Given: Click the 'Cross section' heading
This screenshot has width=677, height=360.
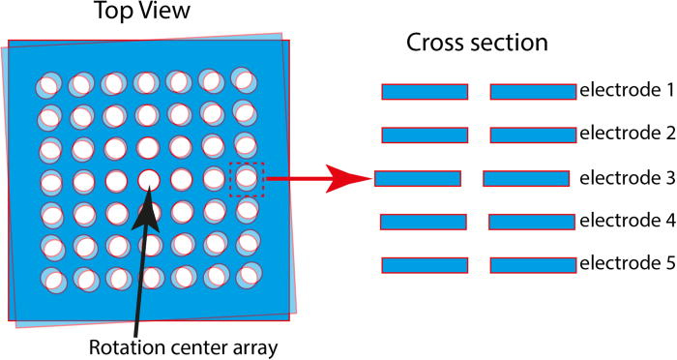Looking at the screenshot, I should point(477,44).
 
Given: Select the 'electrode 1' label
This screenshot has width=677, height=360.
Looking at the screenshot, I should point(626,91).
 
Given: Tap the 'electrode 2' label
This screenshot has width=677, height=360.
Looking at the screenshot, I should point(626,135).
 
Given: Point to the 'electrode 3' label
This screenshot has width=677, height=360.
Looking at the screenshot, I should point(626,178).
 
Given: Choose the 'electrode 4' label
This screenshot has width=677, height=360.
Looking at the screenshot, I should point(626,221).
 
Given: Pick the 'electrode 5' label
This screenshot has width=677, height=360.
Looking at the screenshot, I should point(626,263).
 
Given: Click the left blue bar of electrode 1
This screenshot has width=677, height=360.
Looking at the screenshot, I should point(425,92).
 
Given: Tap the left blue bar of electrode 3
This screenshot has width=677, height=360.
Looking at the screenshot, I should point(417,178).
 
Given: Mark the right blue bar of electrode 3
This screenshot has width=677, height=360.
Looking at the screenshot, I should point(525,178).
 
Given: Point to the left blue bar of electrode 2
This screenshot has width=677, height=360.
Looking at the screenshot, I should point(425,135).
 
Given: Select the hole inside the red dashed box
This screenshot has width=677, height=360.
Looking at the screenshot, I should point(247,179).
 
